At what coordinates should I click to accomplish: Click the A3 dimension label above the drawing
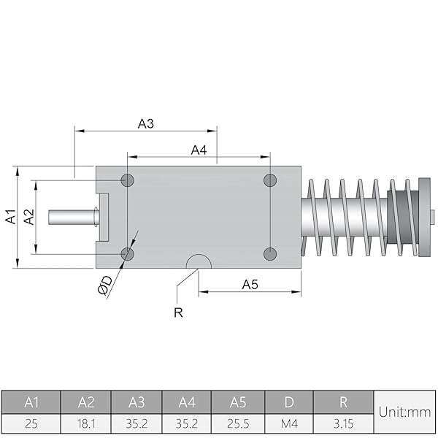(x=145, y=124)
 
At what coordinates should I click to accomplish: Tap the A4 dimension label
(x=199, y=150)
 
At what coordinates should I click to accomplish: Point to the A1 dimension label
(x=10, y=216)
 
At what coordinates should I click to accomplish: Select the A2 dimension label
(x=28, y=217)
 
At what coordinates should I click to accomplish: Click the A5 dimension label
(x=250, y=285)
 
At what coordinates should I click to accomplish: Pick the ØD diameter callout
(x=104, y=285)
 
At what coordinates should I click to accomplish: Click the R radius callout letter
(x=177, y=313)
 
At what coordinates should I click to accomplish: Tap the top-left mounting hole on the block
(x=128, y=180)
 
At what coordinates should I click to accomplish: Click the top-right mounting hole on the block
(x=270, y=180)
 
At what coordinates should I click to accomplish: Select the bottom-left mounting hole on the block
(x=128, y=253)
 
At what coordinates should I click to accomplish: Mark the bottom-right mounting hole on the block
(x=270, y=253)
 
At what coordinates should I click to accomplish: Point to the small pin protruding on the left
(x=73, y=216)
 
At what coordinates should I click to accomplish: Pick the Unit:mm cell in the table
(x=404, y=412)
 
